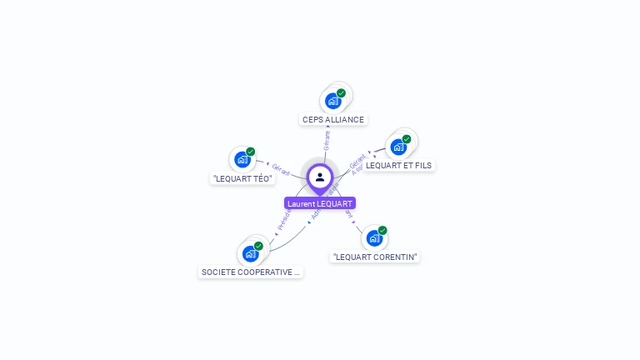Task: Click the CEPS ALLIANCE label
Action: coord(333,119)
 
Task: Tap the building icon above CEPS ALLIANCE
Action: coord(333,101)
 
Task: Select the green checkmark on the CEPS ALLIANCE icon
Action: coord(341,93)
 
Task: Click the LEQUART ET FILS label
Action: coord(398,165)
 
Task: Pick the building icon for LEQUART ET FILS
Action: coord(398,147)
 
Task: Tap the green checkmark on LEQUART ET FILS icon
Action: coord(407,139)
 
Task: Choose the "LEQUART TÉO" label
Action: coord(242,178)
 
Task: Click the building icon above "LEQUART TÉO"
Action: coord(242,159)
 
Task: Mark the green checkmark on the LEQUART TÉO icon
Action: coord(250,152)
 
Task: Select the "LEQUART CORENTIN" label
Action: coord(374,257)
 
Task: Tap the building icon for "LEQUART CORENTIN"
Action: coord(374,237)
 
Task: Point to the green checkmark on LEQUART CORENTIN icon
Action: coord(382,230)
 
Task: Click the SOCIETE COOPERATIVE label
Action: coord(251,272)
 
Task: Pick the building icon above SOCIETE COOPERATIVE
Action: coord(250,253)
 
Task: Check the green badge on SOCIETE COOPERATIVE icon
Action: coord(258,246)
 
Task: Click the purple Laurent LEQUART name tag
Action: coord(320,203)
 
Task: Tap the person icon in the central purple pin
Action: coord(320,177)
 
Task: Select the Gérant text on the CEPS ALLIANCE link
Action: coord(327,140)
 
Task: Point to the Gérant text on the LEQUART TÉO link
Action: coord(281,169)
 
